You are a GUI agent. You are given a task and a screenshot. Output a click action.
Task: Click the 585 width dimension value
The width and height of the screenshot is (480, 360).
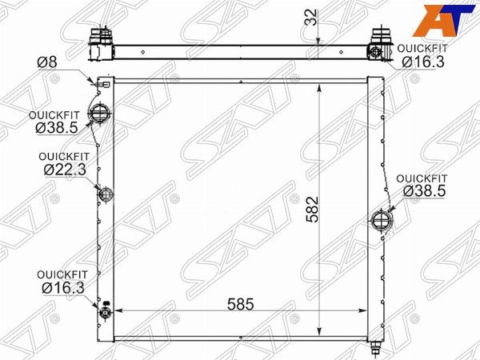point(241,304)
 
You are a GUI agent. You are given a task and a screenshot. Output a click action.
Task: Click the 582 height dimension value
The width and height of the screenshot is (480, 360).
point(313,210)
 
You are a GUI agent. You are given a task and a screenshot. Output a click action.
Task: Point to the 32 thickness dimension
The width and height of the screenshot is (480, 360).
point(311,18)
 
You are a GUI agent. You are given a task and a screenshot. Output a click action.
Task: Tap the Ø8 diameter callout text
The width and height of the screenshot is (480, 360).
point(47,62)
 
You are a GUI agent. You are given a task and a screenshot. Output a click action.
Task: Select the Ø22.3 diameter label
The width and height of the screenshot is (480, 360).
point(65,170)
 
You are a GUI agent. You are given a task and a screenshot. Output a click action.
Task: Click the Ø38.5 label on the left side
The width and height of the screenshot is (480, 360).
point(57,128)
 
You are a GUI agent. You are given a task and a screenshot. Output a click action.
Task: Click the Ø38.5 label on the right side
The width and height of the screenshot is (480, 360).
point(424,191)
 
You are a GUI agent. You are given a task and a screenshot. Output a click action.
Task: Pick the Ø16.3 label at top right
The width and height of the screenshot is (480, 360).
point(422,62)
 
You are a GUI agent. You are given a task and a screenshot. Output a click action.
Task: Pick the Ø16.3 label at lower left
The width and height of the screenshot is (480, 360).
point(63,288)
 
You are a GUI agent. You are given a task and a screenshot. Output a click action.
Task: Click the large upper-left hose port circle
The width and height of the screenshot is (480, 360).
point(99,114)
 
